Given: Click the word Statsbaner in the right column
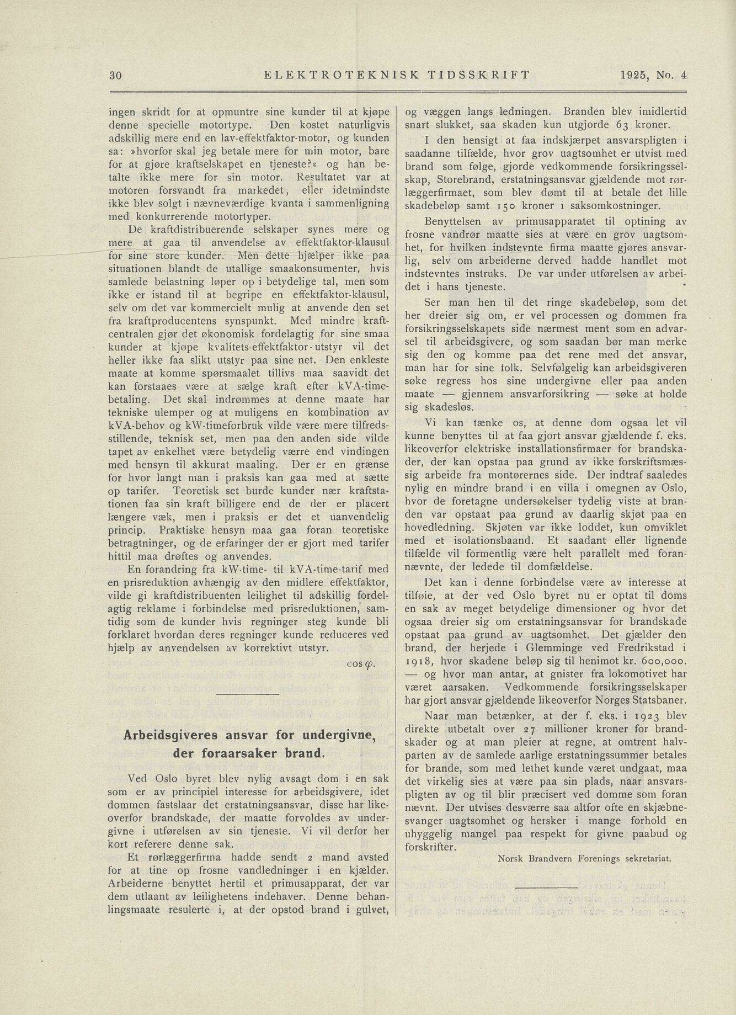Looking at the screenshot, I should (x=658, y=700).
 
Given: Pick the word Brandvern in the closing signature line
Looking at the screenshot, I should (x=554, y=858).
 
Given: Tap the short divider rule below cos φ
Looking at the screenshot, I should (x=248, y=693).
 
